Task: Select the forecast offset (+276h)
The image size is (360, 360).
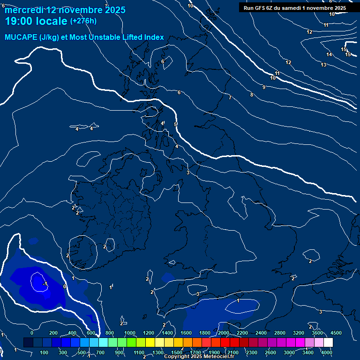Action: [x=83, y=21]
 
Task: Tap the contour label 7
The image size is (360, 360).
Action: [x=230, y=97]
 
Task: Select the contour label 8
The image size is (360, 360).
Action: [x=251, y=95]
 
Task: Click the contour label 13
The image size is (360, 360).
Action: [x=323, y=65]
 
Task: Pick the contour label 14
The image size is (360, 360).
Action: [x=329, y=55]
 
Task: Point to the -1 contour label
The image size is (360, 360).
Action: [x=45, y=284]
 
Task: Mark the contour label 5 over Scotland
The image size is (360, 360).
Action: [x=175, y=124]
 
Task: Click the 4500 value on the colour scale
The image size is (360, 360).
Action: [x=336, y=333]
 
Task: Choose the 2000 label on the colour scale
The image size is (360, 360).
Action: [x=224, y=333]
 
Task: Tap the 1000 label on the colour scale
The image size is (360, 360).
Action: [x=130, y=333]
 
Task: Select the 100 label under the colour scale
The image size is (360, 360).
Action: [x=45, y=352]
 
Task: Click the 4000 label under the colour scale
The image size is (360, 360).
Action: [x=327, y=352]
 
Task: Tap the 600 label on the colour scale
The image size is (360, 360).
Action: [x=91, y=333]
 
